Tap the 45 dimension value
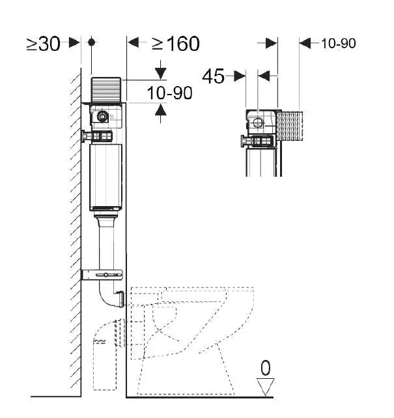click(213, 76)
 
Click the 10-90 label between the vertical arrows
click(169, 93)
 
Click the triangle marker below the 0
click(265, 387)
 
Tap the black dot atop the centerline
click(92, 42)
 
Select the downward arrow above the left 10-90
click(160, 72)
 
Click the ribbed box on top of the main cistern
click(106, 89)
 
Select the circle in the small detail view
click(259, 121)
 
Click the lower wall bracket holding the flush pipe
click(102, 274)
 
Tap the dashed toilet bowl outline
click(195, 326)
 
